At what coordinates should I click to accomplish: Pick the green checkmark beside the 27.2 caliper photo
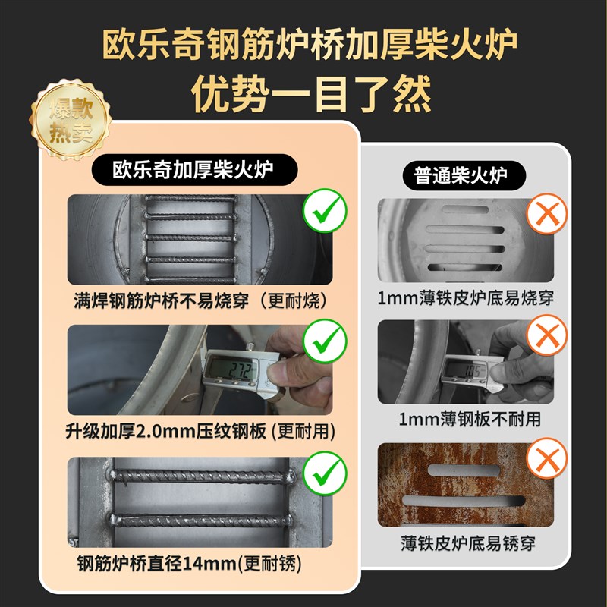(325, 344)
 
